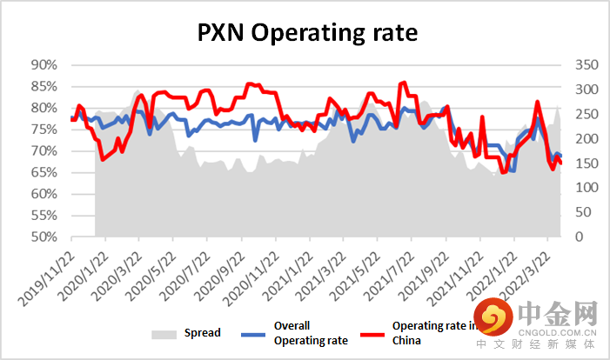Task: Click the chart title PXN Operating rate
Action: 305,33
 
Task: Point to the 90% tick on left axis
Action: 44,65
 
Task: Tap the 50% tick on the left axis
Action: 44,237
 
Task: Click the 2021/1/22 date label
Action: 285,271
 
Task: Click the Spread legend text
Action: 202,333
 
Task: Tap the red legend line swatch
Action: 359,333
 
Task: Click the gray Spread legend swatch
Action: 163,333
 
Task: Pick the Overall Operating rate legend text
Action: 311,333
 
